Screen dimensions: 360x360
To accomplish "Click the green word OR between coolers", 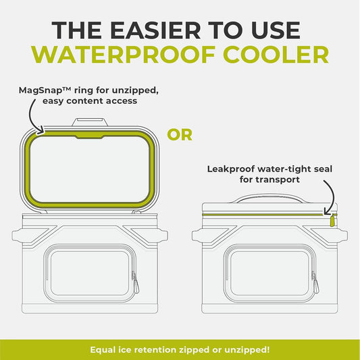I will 180,134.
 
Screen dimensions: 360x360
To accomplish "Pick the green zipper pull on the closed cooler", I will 333,220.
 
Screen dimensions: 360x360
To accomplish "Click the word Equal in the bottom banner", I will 105,349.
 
